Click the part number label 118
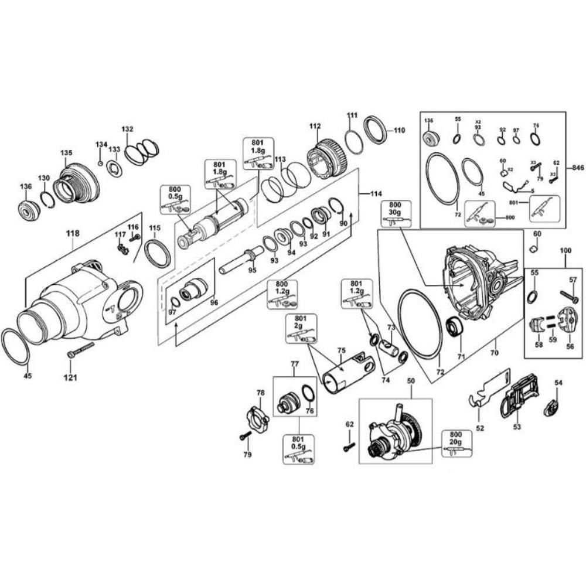pyautogui.click(x=72, y=233)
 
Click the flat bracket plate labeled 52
pyautogui.click(x=489, y=390)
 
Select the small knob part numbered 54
pyautogui.click(x=553, y=406)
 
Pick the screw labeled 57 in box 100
pyautogui.click(x=569, y=297)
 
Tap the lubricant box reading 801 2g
pyautogui.click(x=302, y=329)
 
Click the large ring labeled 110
pyautogui.click(x=375, y=130)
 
